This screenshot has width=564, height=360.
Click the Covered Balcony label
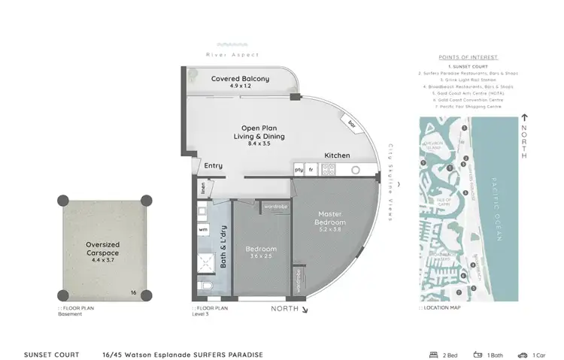click(x=240, y=78)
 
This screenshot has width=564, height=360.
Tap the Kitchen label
click(x=337, y=155)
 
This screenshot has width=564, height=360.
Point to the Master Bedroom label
click(x=330, y=219)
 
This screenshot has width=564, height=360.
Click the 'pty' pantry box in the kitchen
click(x=299, y=171)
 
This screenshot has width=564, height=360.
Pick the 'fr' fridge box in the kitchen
click(x=311, y=171)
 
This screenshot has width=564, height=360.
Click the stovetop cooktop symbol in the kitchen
click(x=328, y=171)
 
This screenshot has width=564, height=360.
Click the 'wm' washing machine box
click(x=203, y=228)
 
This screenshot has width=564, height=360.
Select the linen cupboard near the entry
click(x=202, y=189)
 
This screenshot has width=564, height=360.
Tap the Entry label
click(x=213, y=165)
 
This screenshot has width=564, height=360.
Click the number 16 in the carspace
click(x=132, y=292)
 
